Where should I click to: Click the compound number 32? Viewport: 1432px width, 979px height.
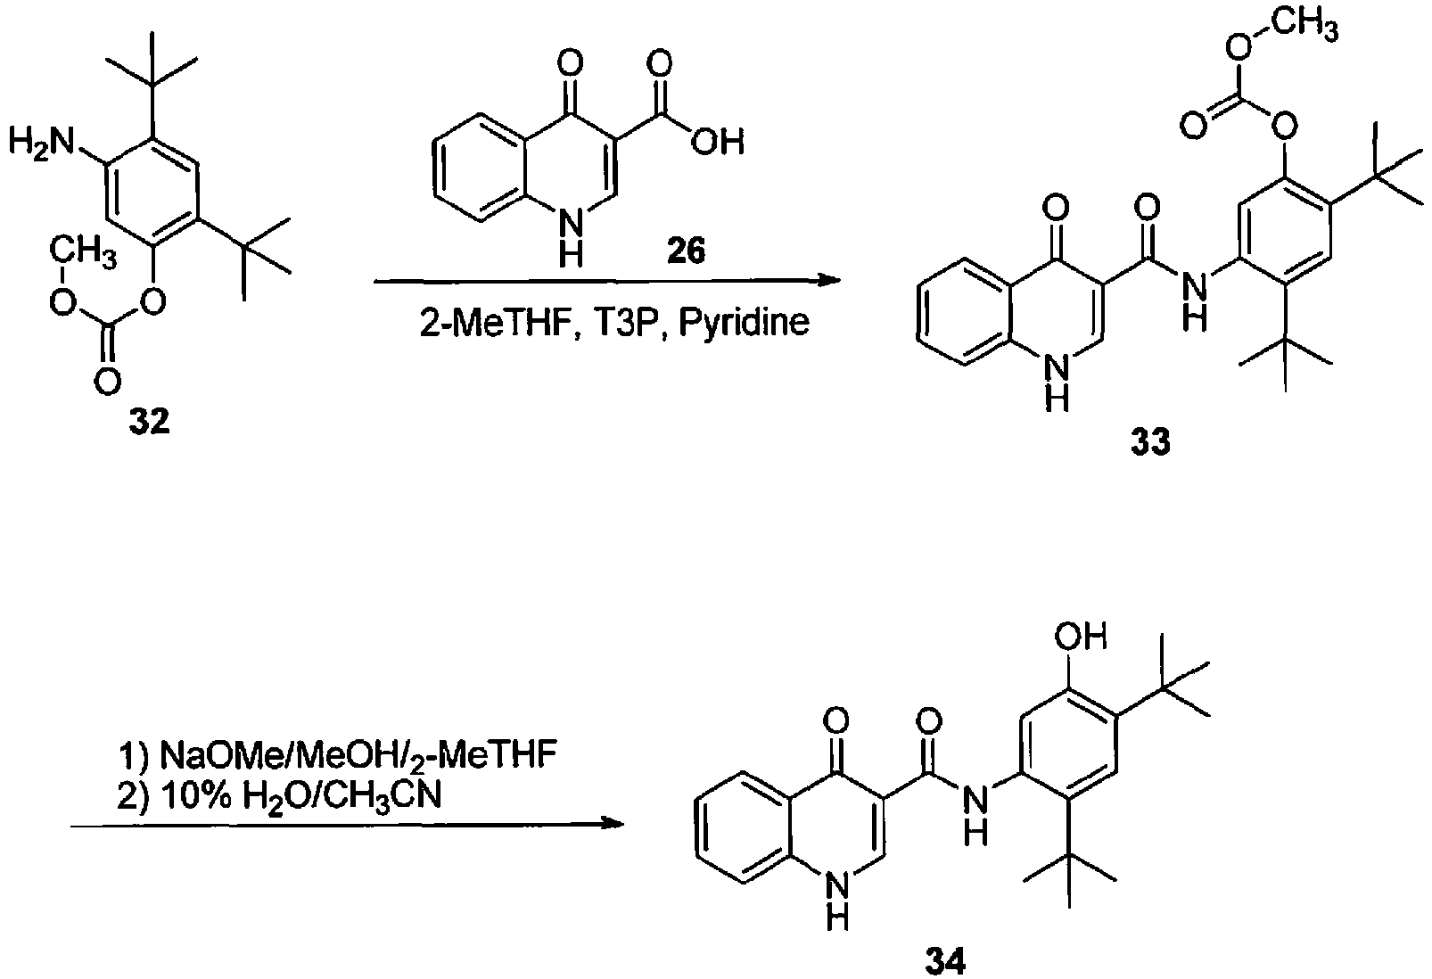click(149, 422)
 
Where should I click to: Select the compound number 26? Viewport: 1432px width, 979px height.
click(686, 251)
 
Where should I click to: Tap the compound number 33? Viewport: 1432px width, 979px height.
click(1150, 442)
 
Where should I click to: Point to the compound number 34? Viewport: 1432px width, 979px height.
click(945, 961)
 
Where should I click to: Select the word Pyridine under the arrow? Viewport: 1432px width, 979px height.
click(744, 322)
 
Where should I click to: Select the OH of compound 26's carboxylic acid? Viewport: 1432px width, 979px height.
click(718, 141)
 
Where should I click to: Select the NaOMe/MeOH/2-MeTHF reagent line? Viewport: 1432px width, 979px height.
click(338, 754)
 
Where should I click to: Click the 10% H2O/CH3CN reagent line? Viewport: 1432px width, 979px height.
click(279, 797)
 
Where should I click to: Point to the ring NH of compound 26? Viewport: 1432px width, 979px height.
click(571, 239)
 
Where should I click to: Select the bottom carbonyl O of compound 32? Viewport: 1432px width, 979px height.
click(107, 383)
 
